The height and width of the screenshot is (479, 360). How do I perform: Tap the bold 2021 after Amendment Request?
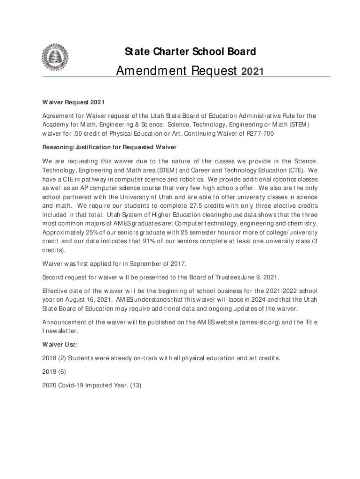tap(252, 72)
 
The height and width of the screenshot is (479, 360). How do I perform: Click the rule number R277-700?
tap(259, 134)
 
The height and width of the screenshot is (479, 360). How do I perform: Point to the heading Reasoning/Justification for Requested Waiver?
tap(109, 148)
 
